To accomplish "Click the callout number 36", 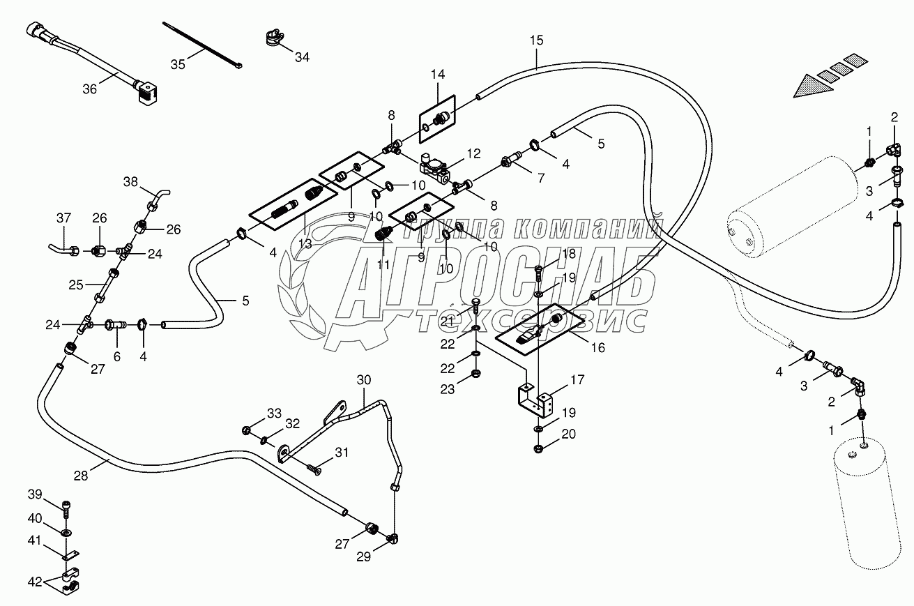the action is click(x=89, y=89).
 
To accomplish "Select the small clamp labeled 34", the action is click(x=274, y=40).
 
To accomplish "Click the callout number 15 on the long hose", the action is click(x=535, y=40).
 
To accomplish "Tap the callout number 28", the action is click(x=81, y=475).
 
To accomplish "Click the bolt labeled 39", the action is click(x=66, y=509).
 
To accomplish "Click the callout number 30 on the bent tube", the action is click(x=365, y=379).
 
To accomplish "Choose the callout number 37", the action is click(x=63, y=219).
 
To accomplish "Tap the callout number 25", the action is click(x=75, y=284).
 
